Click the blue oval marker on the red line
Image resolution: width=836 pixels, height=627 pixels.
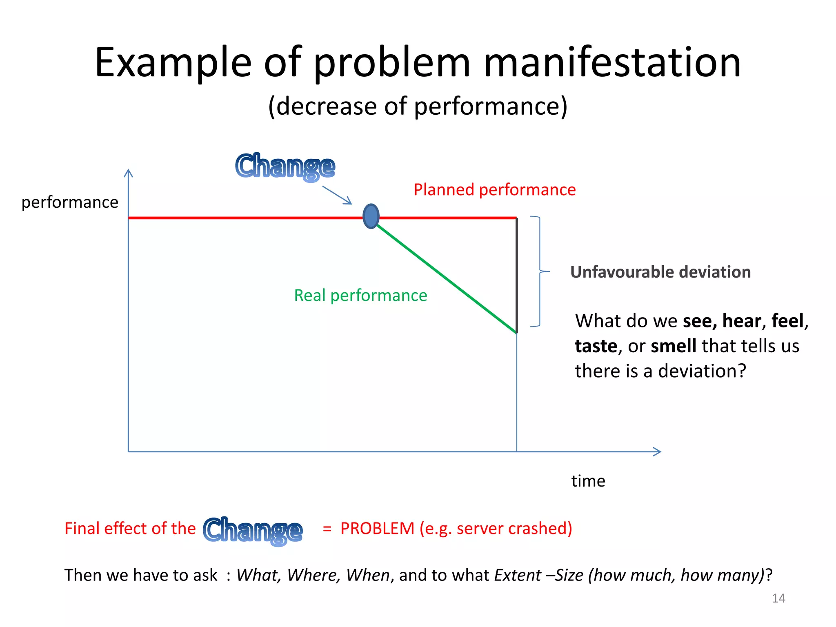371,216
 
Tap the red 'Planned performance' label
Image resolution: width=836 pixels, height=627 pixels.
494,190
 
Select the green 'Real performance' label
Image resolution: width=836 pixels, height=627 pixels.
360,295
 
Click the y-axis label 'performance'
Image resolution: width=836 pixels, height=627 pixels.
70,202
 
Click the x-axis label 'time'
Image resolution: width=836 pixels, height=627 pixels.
588,481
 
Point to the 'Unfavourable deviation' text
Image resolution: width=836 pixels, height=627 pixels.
660,272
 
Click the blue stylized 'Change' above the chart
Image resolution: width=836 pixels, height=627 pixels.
285,167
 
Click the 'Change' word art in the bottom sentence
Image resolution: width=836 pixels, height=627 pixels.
253,531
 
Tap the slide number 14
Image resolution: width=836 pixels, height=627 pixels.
778,598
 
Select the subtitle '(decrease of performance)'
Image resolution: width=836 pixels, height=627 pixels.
418,106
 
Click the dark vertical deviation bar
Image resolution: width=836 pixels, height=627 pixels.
517,276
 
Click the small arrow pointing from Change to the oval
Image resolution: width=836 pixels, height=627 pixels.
337,195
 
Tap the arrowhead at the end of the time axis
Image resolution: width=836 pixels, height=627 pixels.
657,451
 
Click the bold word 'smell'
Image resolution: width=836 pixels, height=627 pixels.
673,346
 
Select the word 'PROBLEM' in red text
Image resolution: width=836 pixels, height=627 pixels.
377,528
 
